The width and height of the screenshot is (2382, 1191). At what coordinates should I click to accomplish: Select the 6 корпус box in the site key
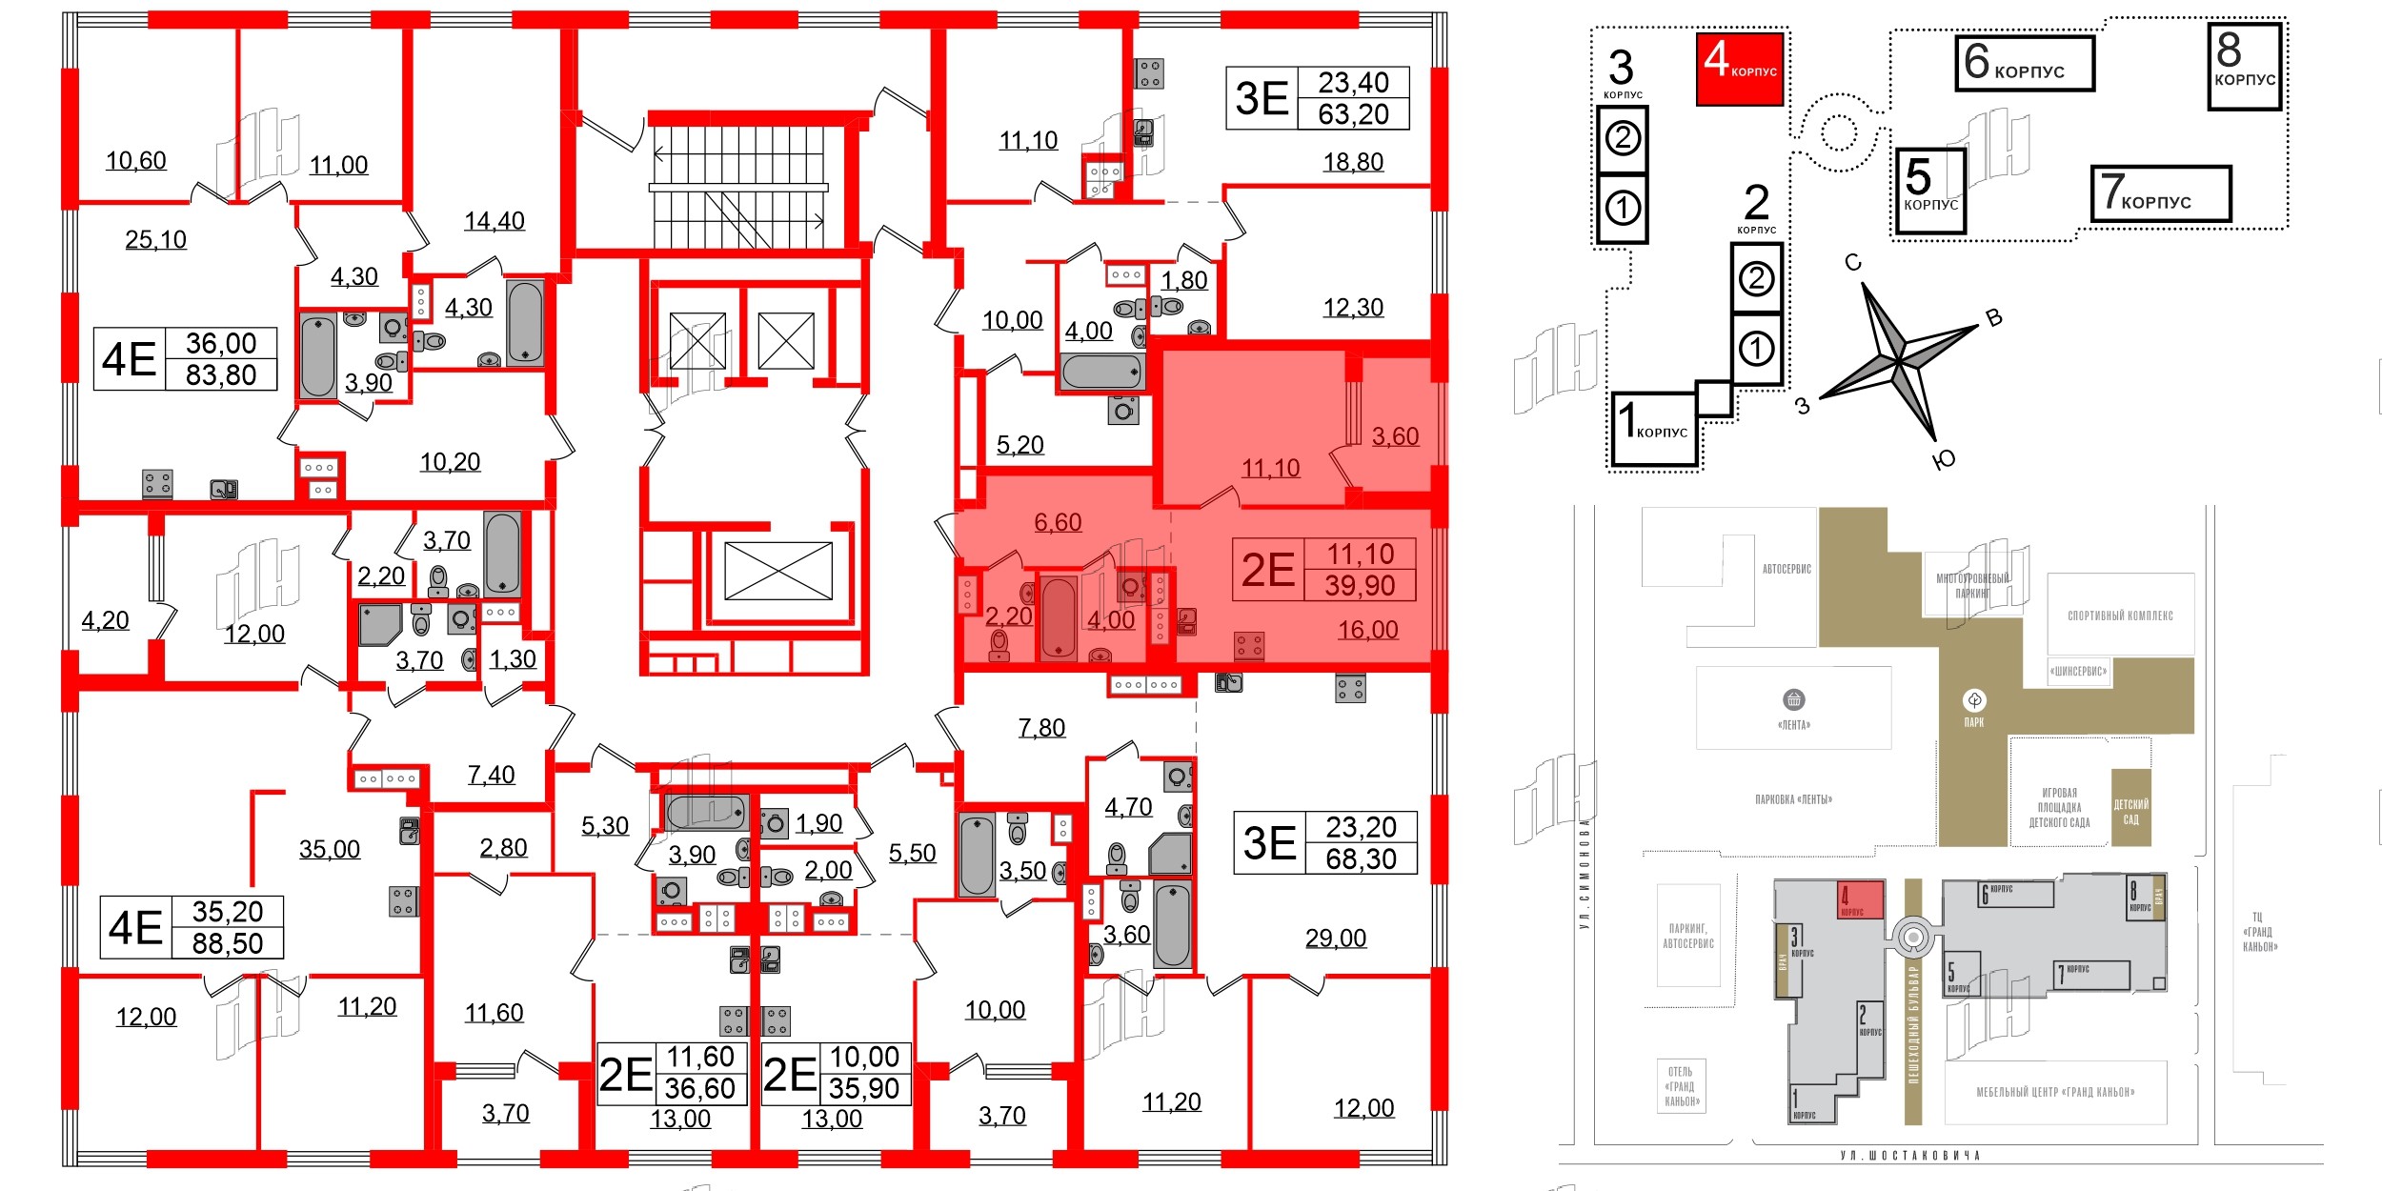[2024, 63]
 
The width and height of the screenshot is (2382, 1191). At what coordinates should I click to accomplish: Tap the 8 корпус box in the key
[2244, 65]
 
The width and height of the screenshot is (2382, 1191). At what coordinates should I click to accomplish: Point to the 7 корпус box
[2160, 193]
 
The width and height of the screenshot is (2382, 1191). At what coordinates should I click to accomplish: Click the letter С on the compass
[1852, 263]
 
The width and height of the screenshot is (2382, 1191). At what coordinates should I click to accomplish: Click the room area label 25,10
[155, 239]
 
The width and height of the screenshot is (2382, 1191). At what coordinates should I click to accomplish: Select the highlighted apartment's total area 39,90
[1360, 585]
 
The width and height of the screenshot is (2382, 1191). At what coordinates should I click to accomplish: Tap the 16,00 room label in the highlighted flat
[1367, 630]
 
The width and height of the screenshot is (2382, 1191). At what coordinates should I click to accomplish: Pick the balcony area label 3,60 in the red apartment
[1395, 436]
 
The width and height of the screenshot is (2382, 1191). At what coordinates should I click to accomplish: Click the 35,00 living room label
[330, 849]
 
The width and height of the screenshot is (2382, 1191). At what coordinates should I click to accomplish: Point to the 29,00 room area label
[1335, 939]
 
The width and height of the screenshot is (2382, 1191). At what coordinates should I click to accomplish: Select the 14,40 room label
[494, 221]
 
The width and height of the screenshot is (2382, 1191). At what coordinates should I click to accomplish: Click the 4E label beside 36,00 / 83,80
[130, 359]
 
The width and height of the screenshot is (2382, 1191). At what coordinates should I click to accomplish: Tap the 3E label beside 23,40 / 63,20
[1262, 98]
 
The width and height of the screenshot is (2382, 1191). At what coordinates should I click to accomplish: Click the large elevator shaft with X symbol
[778, 571]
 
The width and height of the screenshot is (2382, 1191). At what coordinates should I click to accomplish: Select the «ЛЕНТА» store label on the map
[1793, 724]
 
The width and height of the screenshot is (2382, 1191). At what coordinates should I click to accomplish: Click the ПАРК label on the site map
[1973, 722]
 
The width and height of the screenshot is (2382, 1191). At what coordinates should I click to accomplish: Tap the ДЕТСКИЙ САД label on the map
[2130, 812]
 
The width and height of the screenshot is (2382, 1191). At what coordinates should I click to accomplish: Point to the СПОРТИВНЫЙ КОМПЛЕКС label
[2120, 616]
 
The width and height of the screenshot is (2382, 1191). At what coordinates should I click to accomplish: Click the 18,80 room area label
[1353, 162]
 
